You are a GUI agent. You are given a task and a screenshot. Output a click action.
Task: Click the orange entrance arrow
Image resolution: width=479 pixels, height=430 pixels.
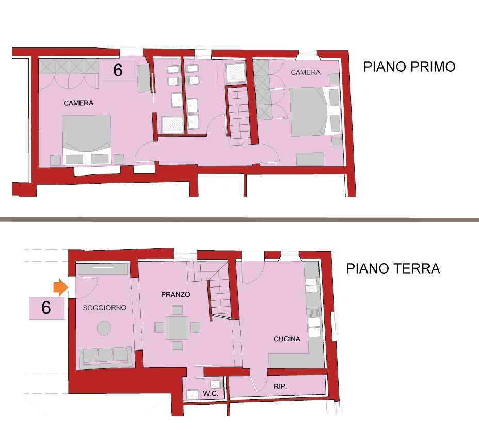pos(60,288)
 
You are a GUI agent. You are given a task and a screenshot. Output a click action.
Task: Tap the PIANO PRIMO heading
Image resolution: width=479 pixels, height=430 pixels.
pos(409,67)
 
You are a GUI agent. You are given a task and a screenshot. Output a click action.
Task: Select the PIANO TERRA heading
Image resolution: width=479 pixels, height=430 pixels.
pos(393,268)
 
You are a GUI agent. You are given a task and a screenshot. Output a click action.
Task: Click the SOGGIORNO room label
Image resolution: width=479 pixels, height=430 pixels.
pos(104,308)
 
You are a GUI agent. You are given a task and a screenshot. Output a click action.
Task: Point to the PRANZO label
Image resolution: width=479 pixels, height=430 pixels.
pos(175,295)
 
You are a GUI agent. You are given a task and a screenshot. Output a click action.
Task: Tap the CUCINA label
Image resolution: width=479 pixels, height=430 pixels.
pos(287,339)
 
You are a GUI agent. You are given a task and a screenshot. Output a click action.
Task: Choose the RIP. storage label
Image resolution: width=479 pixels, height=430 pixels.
pos(280,386)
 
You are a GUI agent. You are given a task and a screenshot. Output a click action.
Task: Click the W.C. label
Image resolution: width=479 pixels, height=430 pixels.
pos(211,394)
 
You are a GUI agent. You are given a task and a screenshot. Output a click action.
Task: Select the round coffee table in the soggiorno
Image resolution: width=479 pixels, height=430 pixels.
pos(104,328)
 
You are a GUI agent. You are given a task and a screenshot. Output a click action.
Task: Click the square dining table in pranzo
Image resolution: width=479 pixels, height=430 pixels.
pos(177,328)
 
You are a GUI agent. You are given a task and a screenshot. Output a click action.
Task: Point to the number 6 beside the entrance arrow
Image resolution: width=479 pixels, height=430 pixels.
pos(46,308)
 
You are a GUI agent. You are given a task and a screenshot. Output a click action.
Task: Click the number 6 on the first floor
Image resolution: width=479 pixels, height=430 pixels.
pos(118,70)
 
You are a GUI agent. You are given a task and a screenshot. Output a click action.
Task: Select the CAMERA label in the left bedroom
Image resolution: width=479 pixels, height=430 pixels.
pos(78,103)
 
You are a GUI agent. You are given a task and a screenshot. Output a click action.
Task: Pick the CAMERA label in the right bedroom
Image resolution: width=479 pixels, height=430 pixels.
pos(306,72)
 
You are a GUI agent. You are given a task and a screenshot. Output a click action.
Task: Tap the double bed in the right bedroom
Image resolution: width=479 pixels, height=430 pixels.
pos(315,111)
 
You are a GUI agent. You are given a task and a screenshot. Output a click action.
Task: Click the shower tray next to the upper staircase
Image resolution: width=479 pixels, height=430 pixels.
pos(235,73)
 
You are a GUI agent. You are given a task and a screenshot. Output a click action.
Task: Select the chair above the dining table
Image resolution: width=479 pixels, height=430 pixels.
pos(177,310)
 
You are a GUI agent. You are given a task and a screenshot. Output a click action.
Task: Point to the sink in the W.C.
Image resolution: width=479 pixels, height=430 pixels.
pos(193,394)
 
